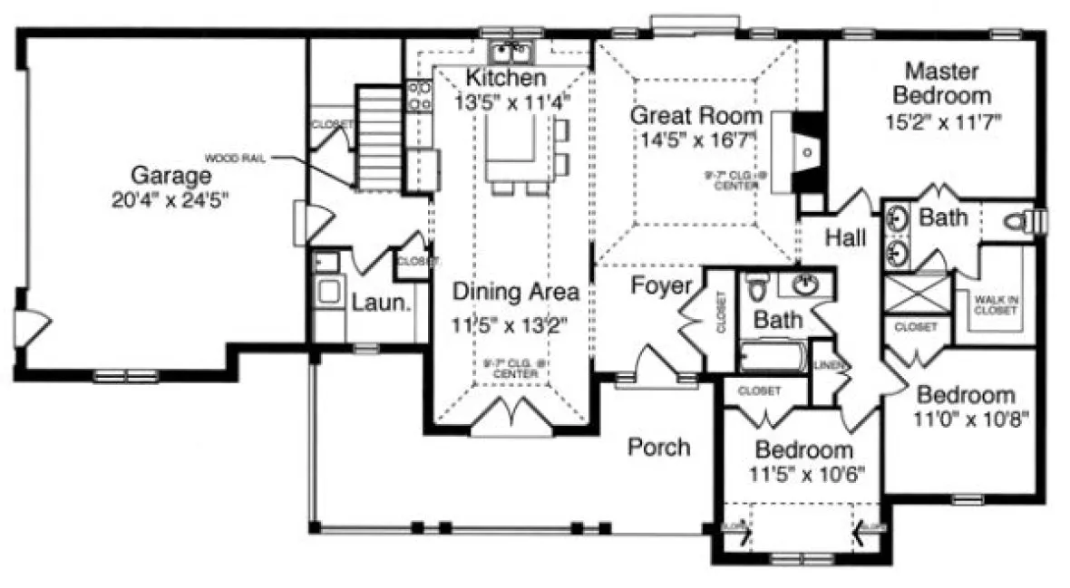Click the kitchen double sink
pyautogui.click(x=513, y=48)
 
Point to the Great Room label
pyautogui.click(x=695, y=116)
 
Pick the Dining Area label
pyautogui.click(x=516, y=292)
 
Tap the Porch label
pyautogui.click(x=659, y=447)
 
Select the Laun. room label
pyautogui.click(x=377, y=304)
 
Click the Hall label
pyautogui.click(x=845, y=237)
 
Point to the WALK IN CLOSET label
pyautogui.click(x=996, y=304)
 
